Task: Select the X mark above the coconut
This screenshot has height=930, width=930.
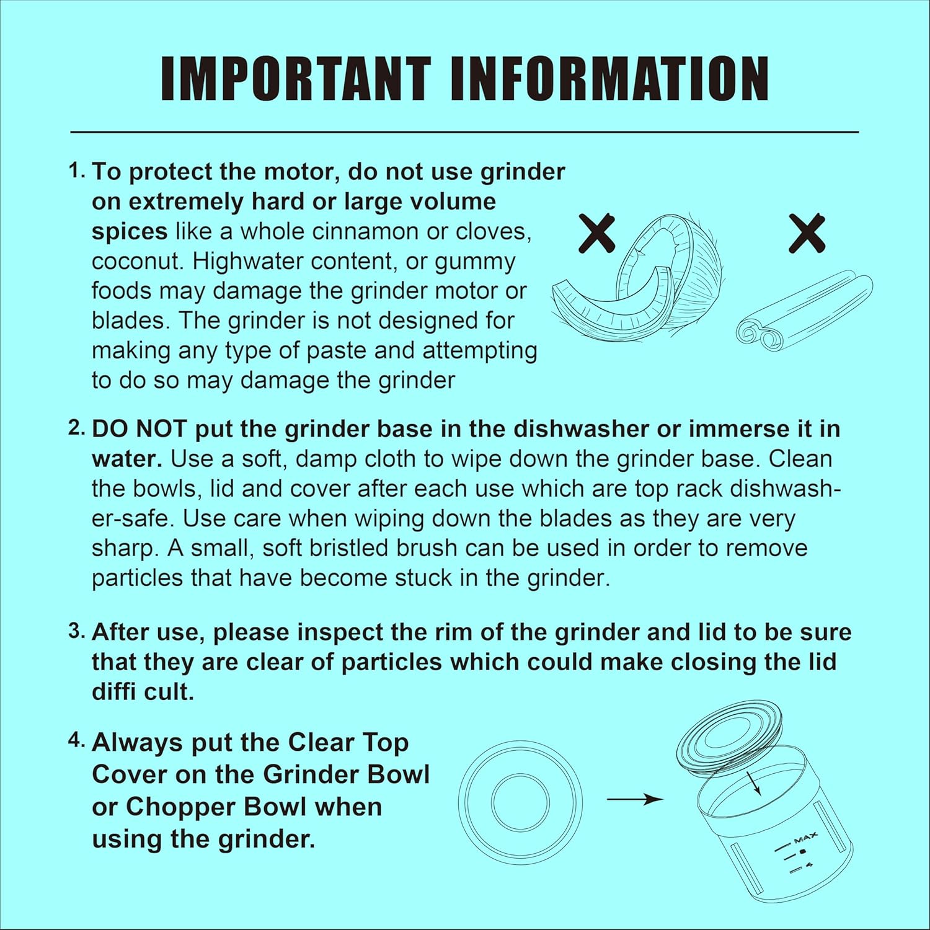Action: click(x=596, y=233)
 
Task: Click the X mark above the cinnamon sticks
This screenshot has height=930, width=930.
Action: click(x=807, y=233)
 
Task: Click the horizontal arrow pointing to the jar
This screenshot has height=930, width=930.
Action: click(x=635, y=800)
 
